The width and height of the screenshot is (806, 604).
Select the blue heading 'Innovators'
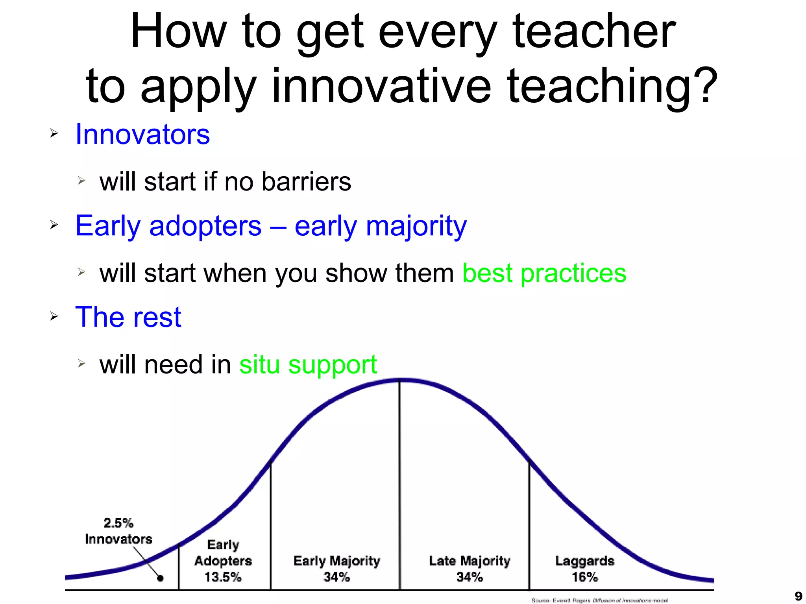coord(142,135)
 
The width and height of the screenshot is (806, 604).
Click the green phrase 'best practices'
coord(544,273)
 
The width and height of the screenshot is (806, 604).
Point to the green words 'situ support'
coord(308,365)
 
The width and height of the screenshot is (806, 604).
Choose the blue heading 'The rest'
coord(128,317)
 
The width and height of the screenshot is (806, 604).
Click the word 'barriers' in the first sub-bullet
coord(306,182)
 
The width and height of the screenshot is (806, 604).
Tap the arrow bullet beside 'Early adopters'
coord(54,225)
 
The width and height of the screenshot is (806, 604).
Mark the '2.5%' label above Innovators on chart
coord(118,523)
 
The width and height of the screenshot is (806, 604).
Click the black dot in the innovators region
coord(160,578)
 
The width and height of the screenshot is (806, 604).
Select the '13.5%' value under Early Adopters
coord(223,577)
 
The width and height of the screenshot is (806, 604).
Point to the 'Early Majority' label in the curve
coord(336,561)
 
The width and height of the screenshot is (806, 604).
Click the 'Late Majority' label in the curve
coord(469,561)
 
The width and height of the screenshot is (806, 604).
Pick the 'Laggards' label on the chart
coord(584,561)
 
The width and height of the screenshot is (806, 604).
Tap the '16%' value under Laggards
coord(584,577)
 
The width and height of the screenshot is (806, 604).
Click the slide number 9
coord(798,596)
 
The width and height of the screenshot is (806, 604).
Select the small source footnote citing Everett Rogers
coord(599,600)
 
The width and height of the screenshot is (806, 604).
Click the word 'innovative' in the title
coord(381,86)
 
